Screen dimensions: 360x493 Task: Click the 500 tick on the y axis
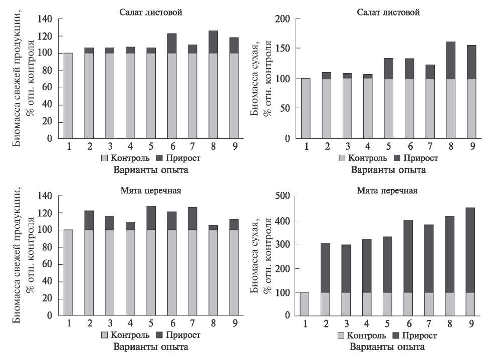(x=283, y=196)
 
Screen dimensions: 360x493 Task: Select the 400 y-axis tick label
(x=283, y=221)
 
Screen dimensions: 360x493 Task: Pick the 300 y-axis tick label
(x=283, y=244)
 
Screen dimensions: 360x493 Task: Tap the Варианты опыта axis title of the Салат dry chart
(x=388, y=169)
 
